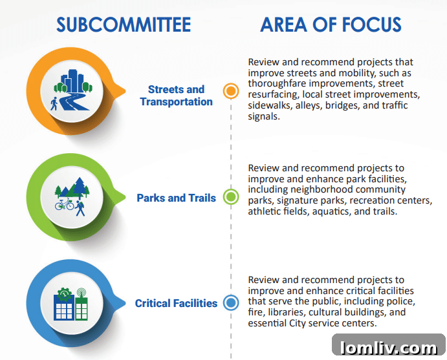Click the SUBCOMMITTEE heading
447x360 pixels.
pyautogui.click(x=124, y=25)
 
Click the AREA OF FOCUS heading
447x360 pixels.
pyautogui.click(x=331, y=25)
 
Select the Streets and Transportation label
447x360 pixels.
pyautogui.click(x=176, y=96)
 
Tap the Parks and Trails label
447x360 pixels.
pyautogui.click(x=176, y=198)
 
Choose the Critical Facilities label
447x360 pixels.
pyautogui.click(x=176, y=303)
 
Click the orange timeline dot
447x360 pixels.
pyautogui.click(x=230, y=90)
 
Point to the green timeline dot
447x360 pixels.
pyautogui.click(x=230, y=197)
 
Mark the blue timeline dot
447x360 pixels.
pyautogui.click(x=230, y=302)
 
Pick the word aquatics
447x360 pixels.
pyautogui.click(x=345, y=211)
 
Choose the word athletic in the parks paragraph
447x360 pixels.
pyautogui.click(x=266, y=211)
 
